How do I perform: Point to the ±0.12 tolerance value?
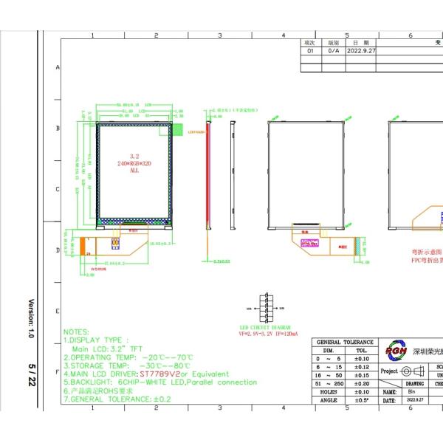point(362,367)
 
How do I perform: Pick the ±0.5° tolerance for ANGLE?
point(362,400)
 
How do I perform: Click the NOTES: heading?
point(77,332)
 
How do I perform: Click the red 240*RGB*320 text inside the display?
point(134,163)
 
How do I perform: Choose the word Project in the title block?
point(389,371)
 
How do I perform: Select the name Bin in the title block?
point(411,392)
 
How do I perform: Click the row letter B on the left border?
point(58,128)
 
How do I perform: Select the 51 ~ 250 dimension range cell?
point(329,384)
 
